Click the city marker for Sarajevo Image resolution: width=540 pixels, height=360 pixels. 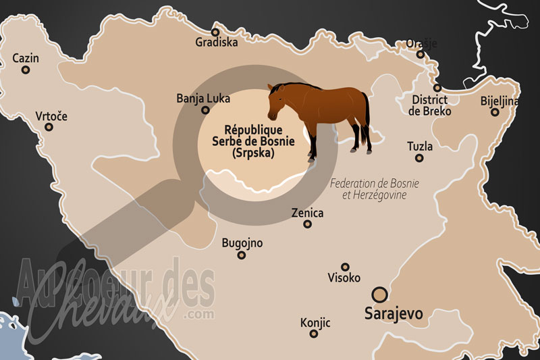coord(381,294)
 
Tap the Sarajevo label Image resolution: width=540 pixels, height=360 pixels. coord(393,314)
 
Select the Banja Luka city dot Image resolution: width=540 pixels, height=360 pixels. coord(205,110)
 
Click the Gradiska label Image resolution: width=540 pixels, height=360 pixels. coord(216,43)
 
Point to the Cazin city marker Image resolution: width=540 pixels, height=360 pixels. coord(26,70)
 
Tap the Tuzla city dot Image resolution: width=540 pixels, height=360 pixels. coord(419,158)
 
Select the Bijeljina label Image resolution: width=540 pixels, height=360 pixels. coord(500,101)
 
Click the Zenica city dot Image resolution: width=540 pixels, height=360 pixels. coord(307,224)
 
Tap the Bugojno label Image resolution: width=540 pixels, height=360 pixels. coord(242,243)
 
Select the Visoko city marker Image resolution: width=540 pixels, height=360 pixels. coord(345,267)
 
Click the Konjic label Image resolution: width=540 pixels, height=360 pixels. coord(315,323)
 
